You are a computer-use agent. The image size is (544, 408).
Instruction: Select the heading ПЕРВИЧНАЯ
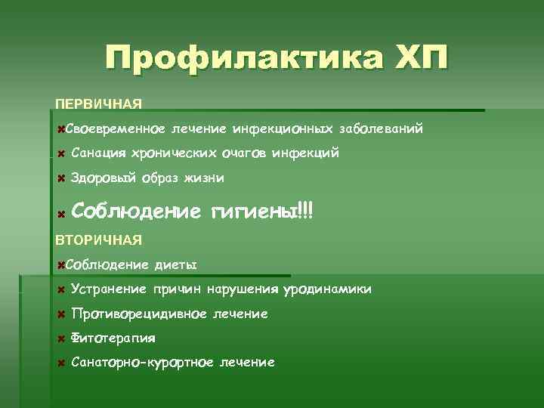(99, 103)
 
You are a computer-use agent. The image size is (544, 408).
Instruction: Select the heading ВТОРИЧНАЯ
(99, 240)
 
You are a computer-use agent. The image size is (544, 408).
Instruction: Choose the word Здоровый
(103, 178)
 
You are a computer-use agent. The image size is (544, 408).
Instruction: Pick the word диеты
(175, 265)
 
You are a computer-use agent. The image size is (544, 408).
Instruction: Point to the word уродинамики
(327, 289)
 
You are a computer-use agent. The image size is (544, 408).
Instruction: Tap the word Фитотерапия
(113, 338)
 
